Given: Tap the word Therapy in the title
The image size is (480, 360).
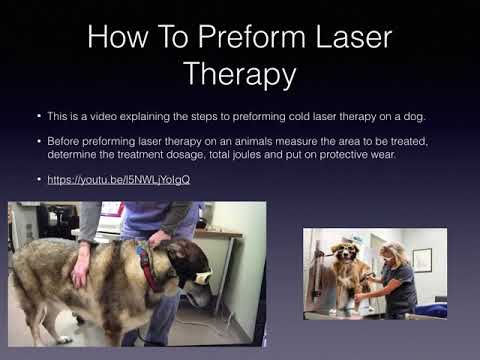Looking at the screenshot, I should point(240,75).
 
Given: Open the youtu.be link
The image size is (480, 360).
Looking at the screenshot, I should point(119,179).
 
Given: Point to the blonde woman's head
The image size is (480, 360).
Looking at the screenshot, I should point(395,252).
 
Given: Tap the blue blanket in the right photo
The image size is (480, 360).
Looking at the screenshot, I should point(430,310).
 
